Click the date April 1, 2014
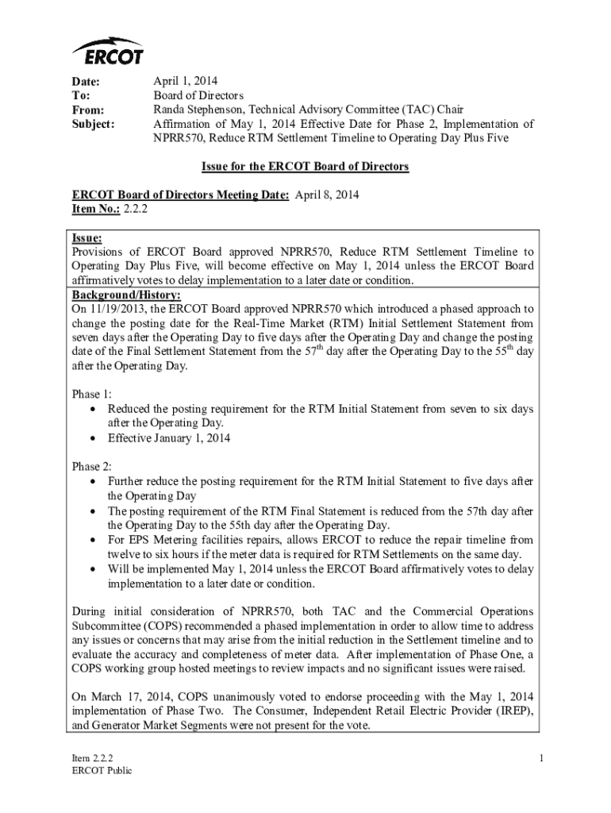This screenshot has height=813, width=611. click(185, 81)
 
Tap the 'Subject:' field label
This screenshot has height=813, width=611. click(94, 124)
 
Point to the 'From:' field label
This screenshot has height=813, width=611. click(88, 110)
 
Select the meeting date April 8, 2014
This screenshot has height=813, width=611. click(327, 195)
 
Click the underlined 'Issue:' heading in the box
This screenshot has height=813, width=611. click(87, 237)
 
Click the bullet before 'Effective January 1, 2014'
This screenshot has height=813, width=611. click(95, 438)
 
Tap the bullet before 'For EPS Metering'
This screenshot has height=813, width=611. click(95, 540)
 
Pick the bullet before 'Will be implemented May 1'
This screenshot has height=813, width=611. click(95, 569)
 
